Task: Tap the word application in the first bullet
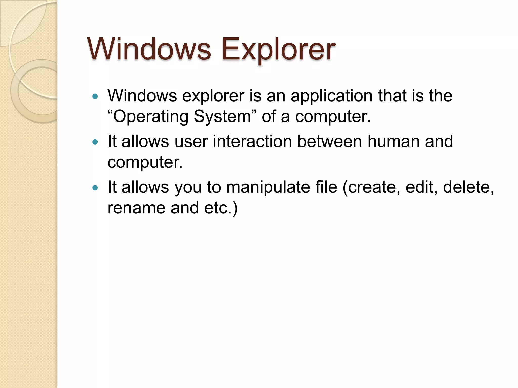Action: point(331,96)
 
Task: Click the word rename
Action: point(136,208)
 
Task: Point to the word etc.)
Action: point(221,208)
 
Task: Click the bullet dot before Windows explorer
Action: point(95,96)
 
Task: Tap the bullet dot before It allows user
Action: point(95,142)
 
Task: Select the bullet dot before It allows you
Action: point(95,188)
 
